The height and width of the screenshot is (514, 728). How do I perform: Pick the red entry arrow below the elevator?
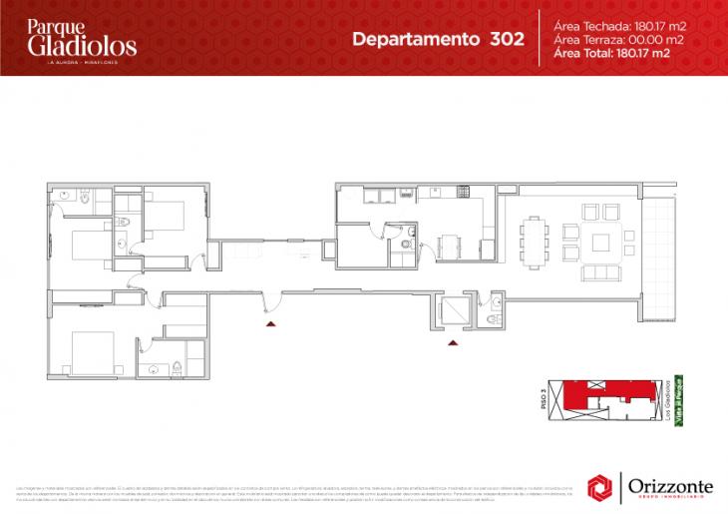coord(454,342)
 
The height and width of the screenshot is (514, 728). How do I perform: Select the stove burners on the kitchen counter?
coord(463,191)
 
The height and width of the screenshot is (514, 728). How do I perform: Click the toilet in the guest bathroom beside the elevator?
coord(494,317)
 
